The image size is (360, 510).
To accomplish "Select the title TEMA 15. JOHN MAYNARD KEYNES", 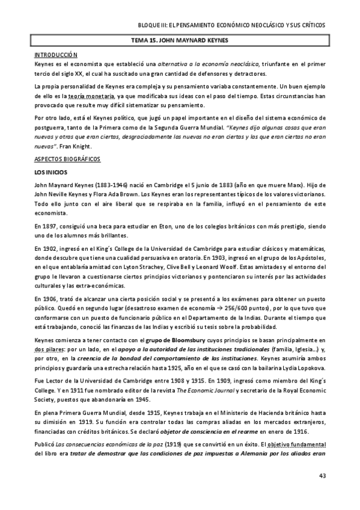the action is [180, 40].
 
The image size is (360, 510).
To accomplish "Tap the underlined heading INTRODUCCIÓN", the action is [56, 54].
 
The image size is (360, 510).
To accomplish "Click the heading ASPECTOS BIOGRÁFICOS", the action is [67, 159].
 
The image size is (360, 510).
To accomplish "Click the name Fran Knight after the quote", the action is [75, 146].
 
